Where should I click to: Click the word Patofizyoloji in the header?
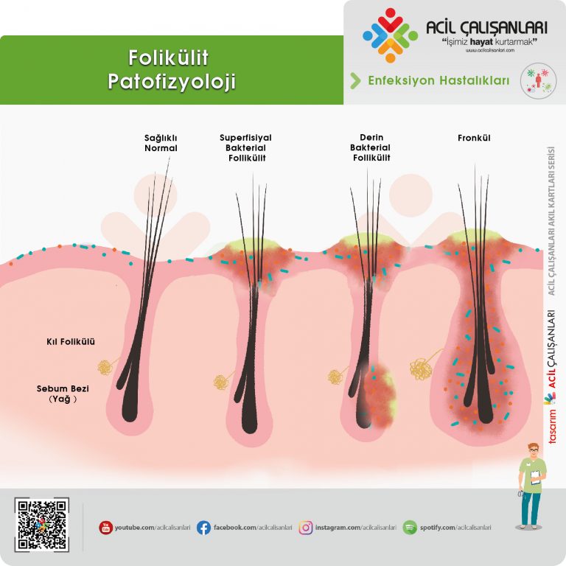pos(171,81)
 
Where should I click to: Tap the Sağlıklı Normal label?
pos(161,142)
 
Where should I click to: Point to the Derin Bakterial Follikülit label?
pos(371,147)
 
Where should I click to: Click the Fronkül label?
pos(474,138)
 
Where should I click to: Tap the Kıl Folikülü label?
pos(71,342)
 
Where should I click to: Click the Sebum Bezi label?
pos(64,387)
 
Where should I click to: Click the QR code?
pos(41,525)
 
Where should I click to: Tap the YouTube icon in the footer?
pos(106,528)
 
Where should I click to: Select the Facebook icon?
pos(203,528)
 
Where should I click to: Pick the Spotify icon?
pos(410,528)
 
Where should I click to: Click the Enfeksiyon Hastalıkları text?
pos(439,81)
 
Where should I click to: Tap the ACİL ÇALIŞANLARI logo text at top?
pos(486,28)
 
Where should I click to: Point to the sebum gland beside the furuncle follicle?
pos(423,367)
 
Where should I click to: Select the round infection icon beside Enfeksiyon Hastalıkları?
pos(538,80)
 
